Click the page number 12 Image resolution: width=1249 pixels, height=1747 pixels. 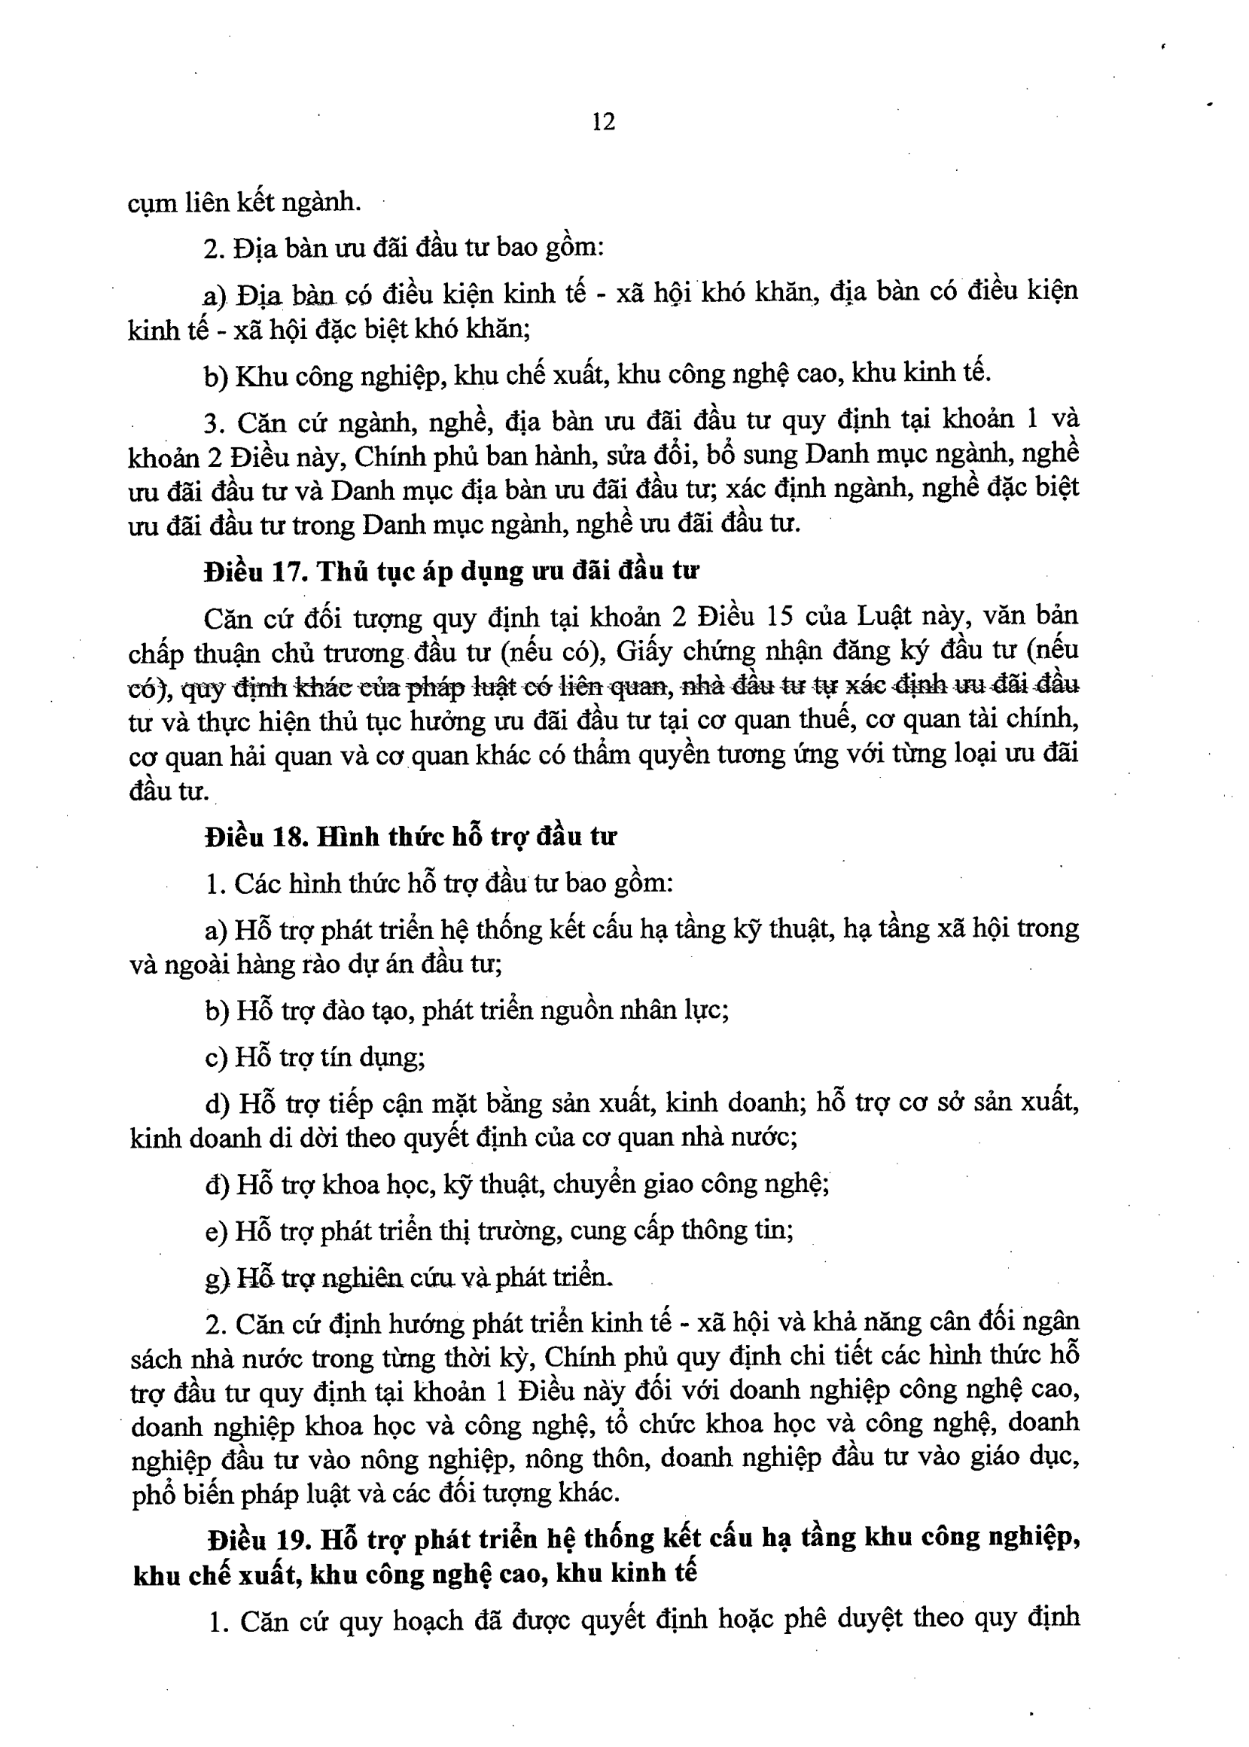[x=604, y=121]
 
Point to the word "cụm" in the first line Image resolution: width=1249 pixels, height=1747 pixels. [x=152, y=204]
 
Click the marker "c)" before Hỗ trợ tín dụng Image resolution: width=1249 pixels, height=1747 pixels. [x=216, y=1059]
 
